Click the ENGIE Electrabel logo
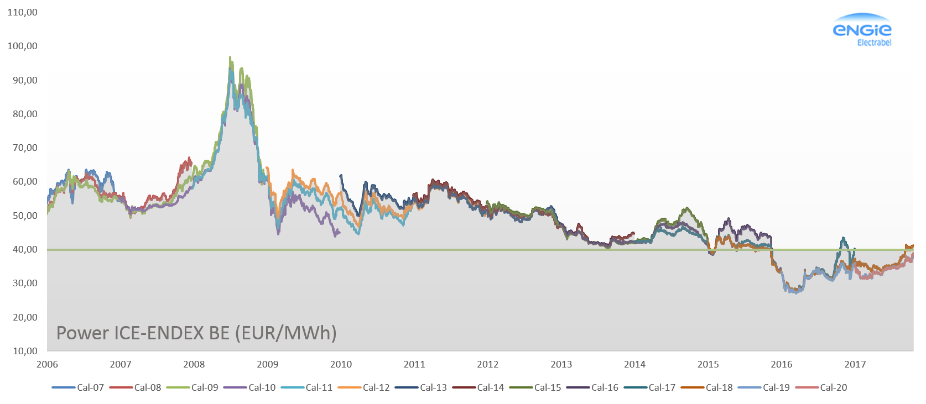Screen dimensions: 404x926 point(862,31)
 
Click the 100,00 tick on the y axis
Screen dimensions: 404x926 point(22,46)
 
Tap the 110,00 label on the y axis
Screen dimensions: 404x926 point(22,12)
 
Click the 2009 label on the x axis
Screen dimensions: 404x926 point(268,364)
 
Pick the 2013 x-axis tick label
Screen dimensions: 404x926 point(561,364)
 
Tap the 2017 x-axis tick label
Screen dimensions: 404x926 point(855,364)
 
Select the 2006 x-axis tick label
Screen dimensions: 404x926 point(47,364)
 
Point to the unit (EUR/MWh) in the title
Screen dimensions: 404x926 point(285,333)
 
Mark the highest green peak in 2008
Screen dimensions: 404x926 point(230,57)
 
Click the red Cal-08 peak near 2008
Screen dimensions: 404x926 point(189,158)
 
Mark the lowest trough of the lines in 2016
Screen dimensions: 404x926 point(795,292)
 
